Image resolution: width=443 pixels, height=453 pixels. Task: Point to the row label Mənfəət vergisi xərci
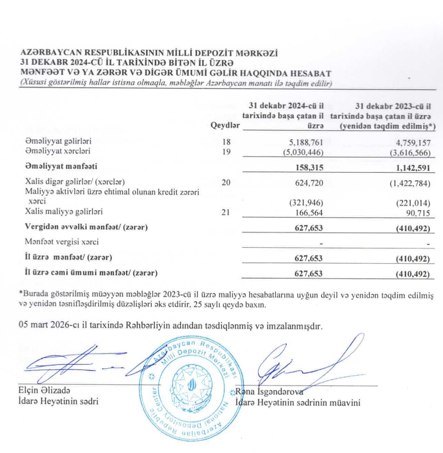pyautogui.click(x=62, y=242)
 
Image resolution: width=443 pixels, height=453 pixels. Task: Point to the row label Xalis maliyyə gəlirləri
pyautogui.click(x=64, y=213)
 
